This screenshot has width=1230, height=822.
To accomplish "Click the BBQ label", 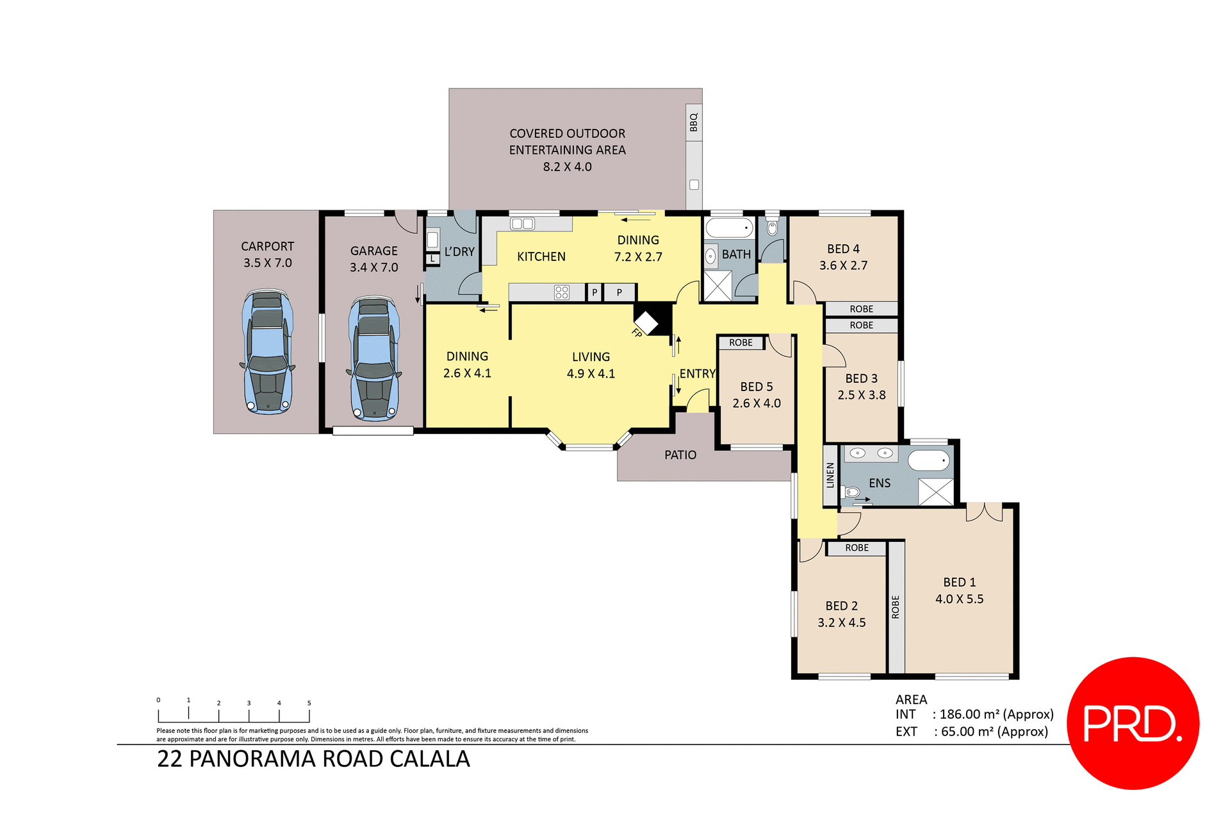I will [693, 122].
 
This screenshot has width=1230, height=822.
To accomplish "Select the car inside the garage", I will [374, 358].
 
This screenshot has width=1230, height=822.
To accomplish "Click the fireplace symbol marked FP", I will [646, 323].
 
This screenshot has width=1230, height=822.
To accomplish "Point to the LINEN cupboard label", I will [830, 475].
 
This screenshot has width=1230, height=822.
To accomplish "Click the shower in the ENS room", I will [936, 492].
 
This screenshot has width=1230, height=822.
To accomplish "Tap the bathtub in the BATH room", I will [729, 228].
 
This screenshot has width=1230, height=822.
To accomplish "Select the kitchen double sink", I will [522, 224].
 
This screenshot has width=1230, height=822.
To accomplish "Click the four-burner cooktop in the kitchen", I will [562, 292].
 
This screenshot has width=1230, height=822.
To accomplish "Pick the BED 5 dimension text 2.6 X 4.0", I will [757, 403].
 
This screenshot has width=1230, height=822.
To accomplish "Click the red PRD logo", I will [1133, 723].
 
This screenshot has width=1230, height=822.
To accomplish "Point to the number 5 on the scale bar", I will [309, 703].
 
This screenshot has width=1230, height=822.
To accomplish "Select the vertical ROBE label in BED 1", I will [896, 607].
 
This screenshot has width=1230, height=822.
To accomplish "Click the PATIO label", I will [680, 455].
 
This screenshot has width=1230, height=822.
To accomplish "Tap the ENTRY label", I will [697, 374].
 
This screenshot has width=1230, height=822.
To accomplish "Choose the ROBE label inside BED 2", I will [857, 548].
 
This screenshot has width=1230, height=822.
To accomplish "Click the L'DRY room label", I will [459, 252].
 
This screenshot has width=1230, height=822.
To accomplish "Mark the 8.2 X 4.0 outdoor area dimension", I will [567, 167].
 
